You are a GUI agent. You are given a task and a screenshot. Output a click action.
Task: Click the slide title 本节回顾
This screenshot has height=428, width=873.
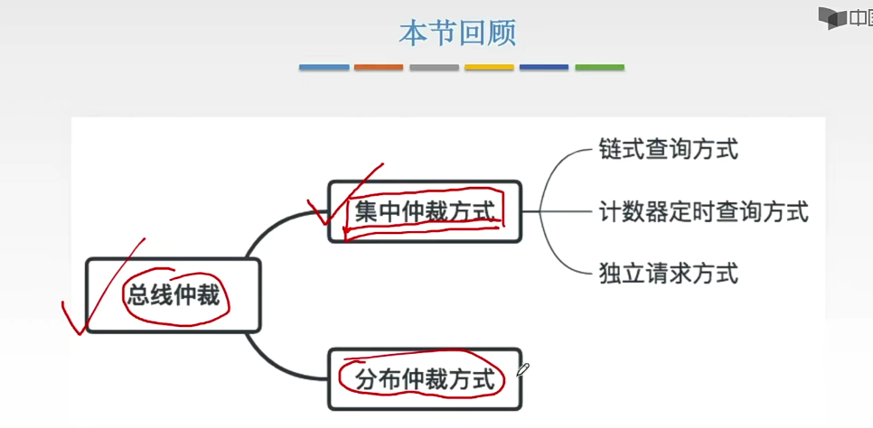[457, 33]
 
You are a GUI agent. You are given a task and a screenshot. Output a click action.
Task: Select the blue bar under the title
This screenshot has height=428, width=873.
[324, 67]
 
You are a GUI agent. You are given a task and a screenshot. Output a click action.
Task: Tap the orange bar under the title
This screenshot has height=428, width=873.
[379, 67]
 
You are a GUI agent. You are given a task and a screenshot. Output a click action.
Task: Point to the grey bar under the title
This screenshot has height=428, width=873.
[434, 67]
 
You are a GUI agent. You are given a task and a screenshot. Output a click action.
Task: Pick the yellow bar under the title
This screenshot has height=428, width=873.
[489, 67]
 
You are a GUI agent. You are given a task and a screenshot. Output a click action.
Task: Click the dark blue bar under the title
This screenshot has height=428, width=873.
[544, 67]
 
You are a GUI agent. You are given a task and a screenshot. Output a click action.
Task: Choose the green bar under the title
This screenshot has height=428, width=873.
[599, 67]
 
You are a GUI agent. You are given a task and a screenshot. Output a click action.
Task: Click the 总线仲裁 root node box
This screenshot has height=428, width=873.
[173, 295]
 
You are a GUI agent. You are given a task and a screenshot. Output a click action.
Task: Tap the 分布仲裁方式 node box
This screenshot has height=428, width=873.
[425, 379]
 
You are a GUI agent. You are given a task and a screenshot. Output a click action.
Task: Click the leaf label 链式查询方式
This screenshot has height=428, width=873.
[668, 150]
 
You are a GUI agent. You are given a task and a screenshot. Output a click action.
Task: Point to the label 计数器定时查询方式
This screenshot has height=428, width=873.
[703, 212]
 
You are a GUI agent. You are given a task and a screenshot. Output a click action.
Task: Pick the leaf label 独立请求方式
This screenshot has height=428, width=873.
[668, 273]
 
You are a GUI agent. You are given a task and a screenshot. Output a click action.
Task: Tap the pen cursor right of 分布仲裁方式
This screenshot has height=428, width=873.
[523, 369]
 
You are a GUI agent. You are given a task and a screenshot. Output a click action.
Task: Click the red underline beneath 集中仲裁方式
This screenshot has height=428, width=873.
[420, 231]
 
